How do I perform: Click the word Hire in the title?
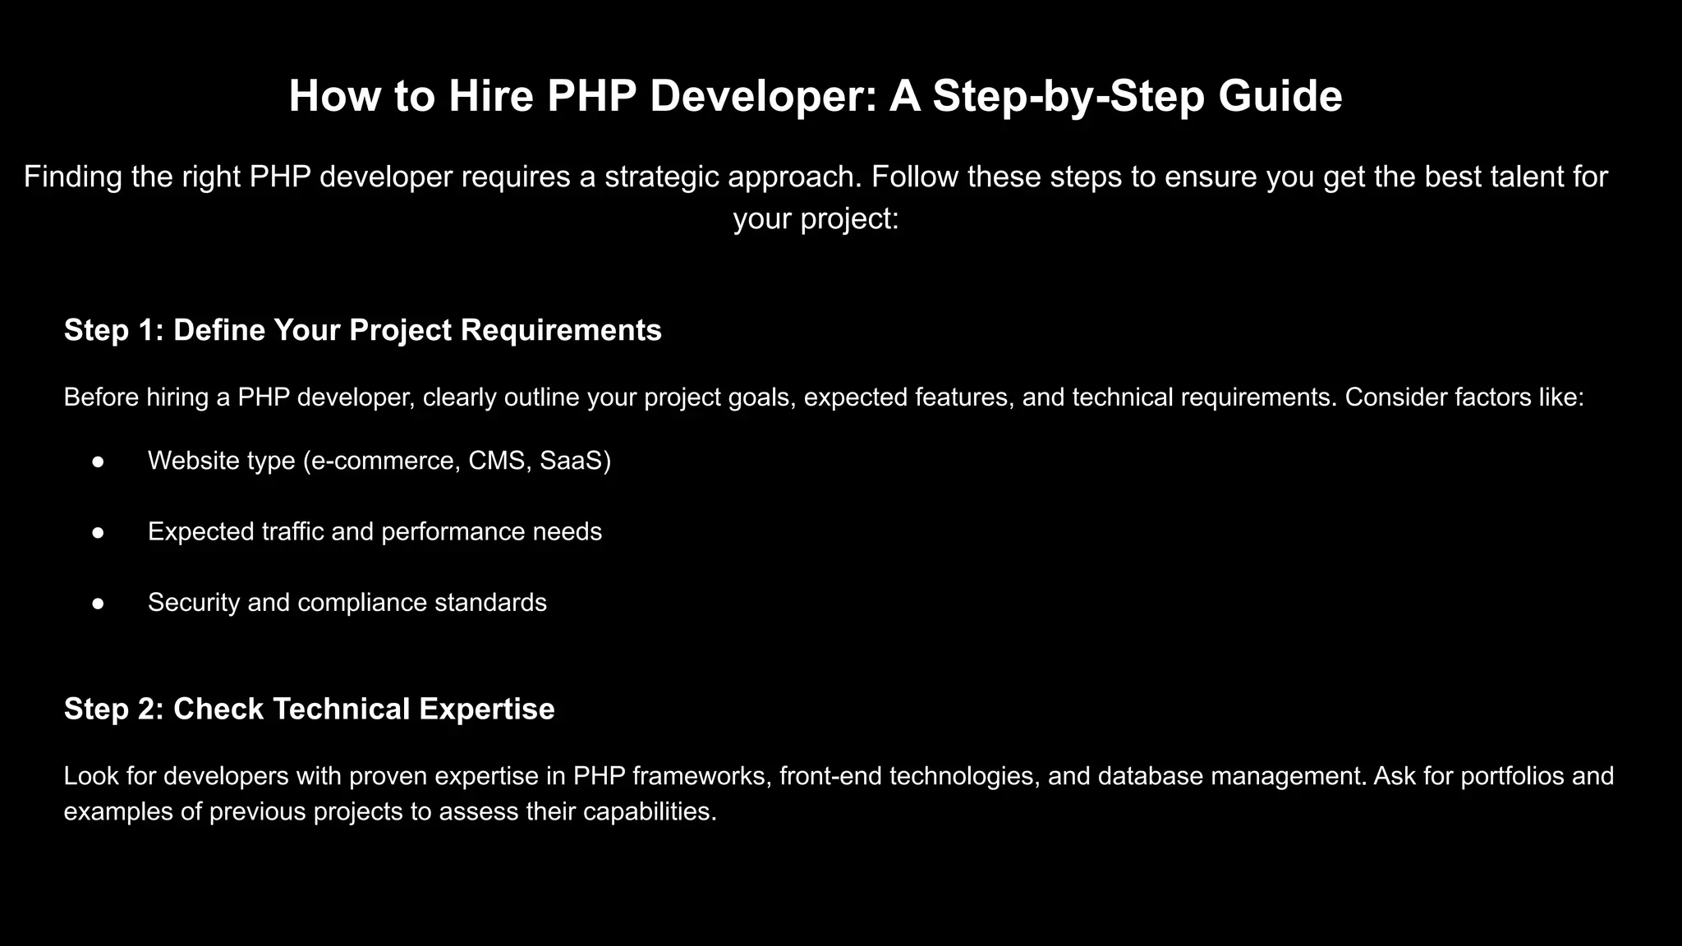491,96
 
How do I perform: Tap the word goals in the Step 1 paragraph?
761,397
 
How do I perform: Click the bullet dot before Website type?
98,462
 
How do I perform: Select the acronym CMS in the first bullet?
496,461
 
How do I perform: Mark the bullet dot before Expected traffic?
98,532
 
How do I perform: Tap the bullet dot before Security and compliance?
98,603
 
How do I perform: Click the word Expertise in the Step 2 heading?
487,709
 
